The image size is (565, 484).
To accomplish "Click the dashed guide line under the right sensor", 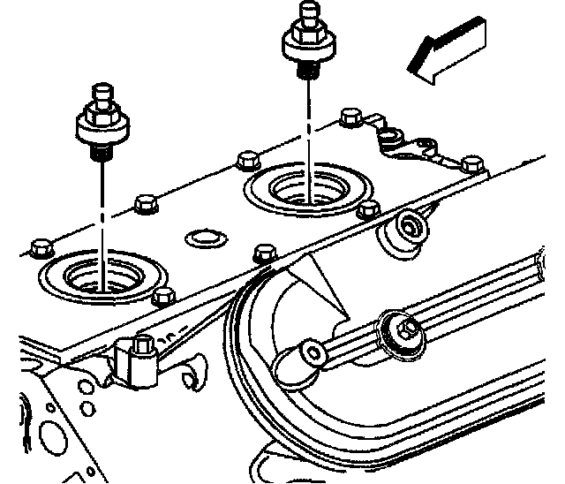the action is [x=308, y=124].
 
